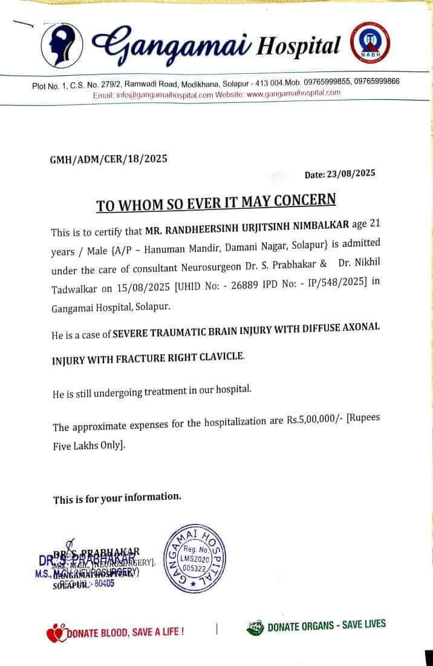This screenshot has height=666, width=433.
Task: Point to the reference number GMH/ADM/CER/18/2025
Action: pyautogui.click(x=108, y=159)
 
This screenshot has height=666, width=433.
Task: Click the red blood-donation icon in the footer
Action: pyautogui.click(x=54, y=633)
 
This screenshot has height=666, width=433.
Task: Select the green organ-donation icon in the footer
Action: pyautogui.click(x=256, y=628)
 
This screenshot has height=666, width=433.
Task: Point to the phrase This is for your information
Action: pyautogui.click(x=117, y=498)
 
